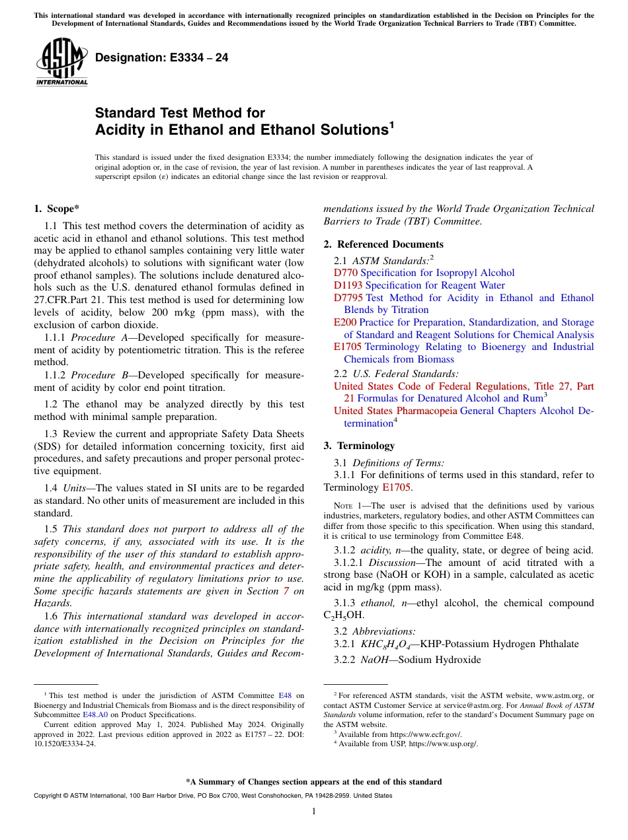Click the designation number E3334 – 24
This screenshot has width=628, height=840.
coord(162,58)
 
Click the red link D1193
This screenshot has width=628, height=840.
coord(348,285)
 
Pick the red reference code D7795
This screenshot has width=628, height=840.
coord(348,298)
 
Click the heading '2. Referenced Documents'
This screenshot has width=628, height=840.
coord(383,244)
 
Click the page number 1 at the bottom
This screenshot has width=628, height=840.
coord(314,811)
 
